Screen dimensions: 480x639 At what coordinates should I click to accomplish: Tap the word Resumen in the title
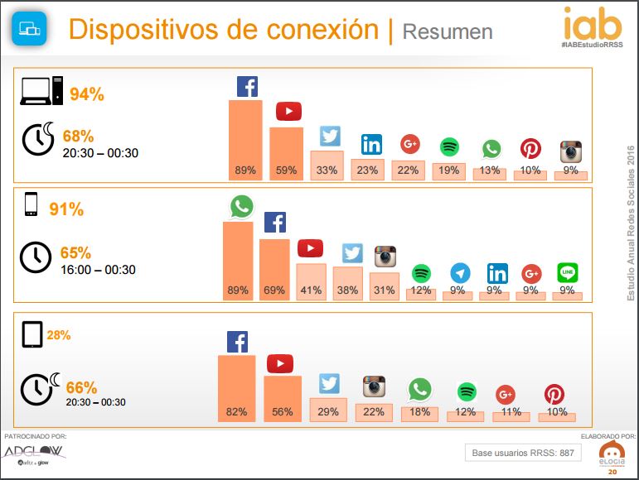(447, 31)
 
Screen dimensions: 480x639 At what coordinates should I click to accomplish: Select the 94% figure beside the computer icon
(87, 94)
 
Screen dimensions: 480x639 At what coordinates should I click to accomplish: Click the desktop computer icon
(41, 90)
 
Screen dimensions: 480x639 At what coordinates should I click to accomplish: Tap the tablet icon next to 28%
(32, 335)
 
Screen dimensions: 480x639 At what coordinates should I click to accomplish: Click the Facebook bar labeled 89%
(245, 139)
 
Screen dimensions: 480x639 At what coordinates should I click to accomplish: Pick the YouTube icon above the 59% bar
(288, 111)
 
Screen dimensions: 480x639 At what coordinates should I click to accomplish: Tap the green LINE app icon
(568, 272)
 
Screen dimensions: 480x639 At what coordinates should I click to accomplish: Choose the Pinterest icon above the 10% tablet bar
(554, 394)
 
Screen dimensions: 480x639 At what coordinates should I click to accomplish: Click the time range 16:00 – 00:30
(98, 270)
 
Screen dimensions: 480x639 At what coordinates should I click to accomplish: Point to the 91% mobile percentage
(66, 209)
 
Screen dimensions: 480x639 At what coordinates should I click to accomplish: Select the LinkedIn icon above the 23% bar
(371, 145)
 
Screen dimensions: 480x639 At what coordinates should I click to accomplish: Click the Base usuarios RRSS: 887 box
(522, 452)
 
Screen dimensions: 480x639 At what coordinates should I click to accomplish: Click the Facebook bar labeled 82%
(237, 388)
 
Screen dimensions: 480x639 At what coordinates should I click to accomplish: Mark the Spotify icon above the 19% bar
(449, 147)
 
